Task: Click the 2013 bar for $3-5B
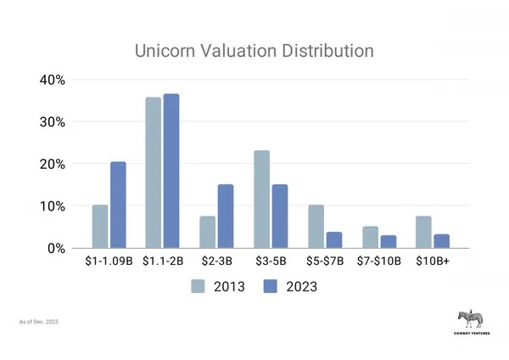(x=261, y=200)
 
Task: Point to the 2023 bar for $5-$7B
(x=333, y=240)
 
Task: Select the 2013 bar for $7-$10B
(x=369, y=238)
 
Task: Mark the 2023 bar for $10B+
(x=440, y=241)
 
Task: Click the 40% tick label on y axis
(x=53, y=80)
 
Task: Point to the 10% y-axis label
(x=53, y=206)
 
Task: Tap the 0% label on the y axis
(x=58, y=249)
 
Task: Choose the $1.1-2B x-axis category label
(x=164, y=262)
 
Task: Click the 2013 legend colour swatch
(x=199, y=286)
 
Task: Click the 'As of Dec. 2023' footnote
(x=39, y=323)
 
